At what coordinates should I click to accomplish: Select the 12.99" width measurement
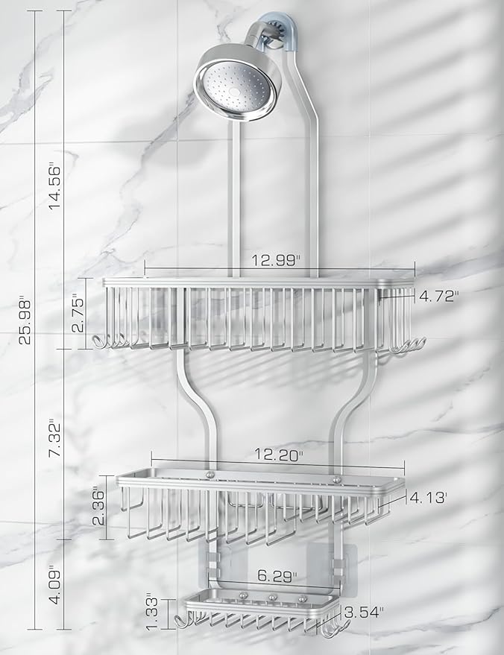coord(276,260)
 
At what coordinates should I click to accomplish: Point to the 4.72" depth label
coord(438,296)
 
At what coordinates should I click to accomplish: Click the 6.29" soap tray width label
coord(275,576)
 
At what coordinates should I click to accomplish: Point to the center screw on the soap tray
coord(271,598)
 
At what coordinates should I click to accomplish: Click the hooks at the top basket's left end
coord(111,343)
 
